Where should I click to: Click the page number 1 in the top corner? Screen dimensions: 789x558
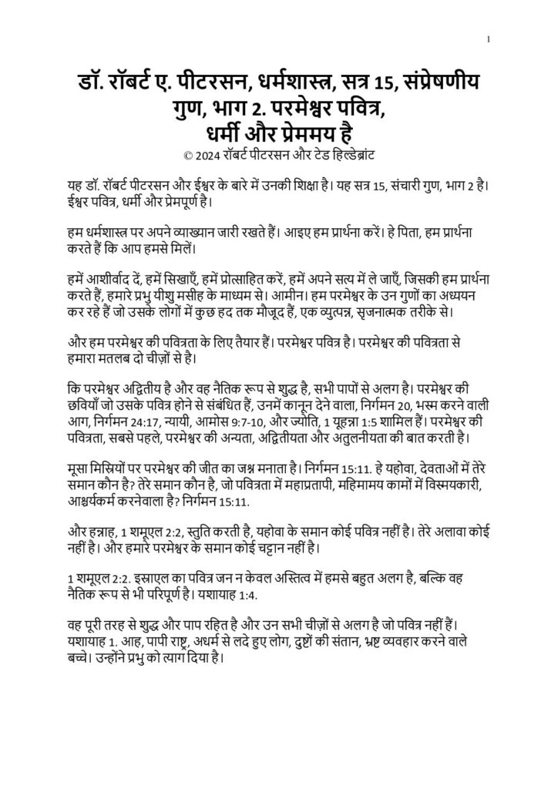tap(490, 39)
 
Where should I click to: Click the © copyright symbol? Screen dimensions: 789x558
tap(189, 155)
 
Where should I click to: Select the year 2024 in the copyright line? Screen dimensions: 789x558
tap(208, 155)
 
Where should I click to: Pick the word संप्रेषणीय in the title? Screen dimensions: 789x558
tap(445, 82)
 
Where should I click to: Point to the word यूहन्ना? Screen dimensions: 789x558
tap(350, 424)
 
